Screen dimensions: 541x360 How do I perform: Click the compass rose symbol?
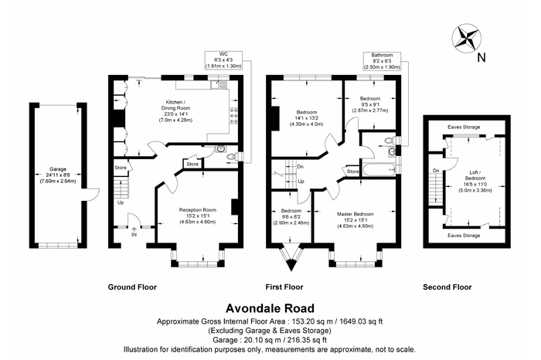point(467,39)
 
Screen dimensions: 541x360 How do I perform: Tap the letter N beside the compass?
point(481,57)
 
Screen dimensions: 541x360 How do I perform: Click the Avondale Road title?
point(270,308)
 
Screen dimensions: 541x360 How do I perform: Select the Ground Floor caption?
point(132,287)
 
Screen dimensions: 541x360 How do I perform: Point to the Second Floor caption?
point(447,287)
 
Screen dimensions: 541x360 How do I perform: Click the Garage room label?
point(58,175)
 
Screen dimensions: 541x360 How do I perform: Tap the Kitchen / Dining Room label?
point(175,111)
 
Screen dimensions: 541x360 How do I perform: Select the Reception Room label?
point(198,216)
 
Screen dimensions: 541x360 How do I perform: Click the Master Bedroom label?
point(355,220)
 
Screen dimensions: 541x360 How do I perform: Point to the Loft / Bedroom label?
point(475,181)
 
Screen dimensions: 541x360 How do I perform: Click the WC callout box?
point(223,60)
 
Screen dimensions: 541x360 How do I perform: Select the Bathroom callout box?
point(382,61)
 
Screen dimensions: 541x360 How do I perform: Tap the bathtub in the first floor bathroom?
point(379,169)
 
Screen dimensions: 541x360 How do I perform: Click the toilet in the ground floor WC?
point(232,158)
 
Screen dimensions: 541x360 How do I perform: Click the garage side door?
point(90,194)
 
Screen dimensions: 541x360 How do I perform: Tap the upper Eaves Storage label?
point(464,127)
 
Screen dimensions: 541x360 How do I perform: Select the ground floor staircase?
point(121,188)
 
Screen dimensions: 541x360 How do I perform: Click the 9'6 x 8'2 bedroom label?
point(291,216)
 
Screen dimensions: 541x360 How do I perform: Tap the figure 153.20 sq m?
point(312,321)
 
